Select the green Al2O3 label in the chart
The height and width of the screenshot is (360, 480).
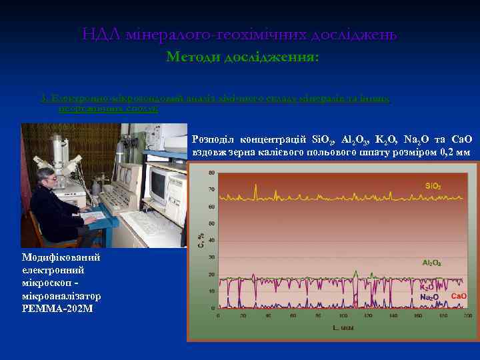coord(431,263)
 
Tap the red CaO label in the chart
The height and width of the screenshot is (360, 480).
coord(459,295)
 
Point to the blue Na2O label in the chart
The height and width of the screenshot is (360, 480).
coord(429,297)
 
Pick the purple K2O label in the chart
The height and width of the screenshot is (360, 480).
coord(427,287)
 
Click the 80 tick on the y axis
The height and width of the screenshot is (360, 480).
coord(211,172)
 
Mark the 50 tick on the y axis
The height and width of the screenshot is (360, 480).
coord(211,223)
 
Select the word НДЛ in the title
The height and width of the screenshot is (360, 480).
coord(101,34)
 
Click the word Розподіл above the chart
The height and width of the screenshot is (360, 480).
coord(213,139)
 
